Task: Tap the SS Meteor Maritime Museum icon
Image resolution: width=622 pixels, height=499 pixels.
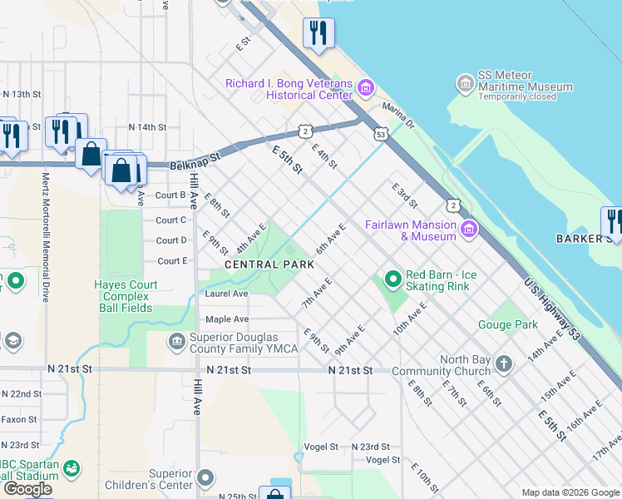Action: pos(465,85)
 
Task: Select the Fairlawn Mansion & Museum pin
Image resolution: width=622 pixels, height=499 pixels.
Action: pos(469,229)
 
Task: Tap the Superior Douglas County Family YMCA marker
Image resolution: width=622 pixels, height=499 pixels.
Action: pos(176,341)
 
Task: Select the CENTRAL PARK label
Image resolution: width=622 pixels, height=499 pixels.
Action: pos(269,264)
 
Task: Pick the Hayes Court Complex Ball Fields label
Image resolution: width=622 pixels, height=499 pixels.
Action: pos(126,296)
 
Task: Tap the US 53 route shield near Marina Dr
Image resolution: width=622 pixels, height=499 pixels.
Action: pos(381,134)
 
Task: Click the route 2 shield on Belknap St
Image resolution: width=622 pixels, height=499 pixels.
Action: pos(306,131)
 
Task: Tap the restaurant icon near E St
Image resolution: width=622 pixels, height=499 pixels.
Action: pos(318,33)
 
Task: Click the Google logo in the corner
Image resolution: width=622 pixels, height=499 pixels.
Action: pos(27,488)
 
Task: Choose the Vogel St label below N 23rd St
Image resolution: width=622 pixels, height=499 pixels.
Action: pos(383,460)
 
